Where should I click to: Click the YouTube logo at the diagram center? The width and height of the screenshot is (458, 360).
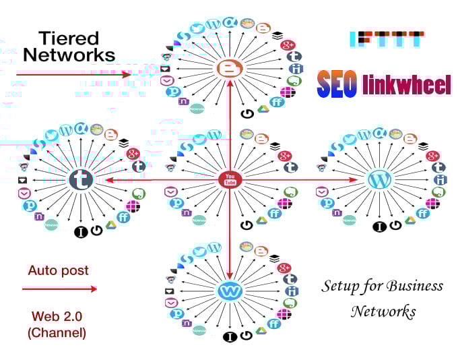[x=230, y=179]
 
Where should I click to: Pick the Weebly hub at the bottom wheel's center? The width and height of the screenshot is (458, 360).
[x=230, y=291]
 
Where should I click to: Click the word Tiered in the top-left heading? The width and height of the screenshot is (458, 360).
[x=67, y=37]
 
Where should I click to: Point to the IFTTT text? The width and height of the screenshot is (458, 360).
[x=387, y=38]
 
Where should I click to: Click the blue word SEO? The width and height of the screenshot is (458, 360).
[x=337, y=84]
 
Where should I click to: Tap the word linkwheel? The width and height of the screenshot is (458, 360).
[x=406, y=85]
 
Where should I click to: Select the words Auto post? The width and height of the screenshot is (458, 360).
[x=58, y=270]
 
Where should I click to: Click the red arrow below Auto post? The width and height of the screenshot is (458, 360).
[x=59, y=289]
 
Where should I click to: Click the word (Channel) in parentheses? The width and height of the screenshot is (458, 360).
[x=57, y=332]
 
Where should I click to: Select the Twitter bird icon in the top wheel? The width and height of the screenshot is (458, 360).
[x=197, y=28]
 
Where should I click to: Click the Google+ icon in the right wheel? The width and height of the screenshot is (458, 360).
[x=432, y=156]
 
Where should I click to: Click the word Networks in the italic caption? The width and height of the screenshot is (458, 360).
[x=383, y=311]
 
